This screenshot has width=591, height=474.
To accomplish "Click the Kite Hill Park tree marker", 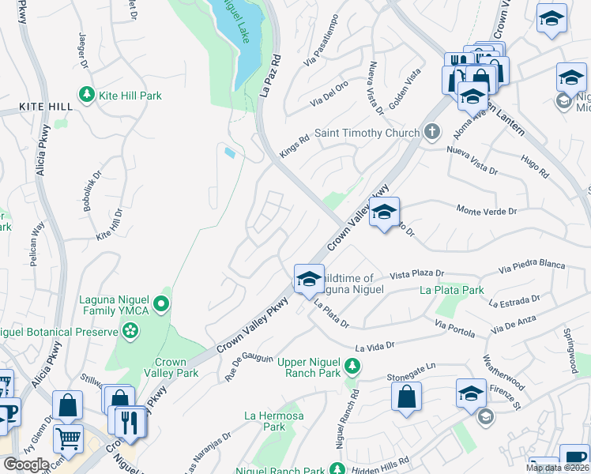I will coord(87,96).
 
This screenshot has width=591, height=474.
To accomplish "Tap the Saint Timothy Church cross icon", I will coord(431,133).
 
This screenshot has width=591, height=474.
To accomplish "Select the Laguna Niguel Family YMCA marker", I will coord(161,303).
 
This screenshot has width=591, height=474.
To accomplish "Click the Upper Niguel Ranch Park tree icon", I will coord(352,367).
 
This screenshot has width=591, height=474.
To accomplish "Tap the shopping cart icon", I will coord(68,436).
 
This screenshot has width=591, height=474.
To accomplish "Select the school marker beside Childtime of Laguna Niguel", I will coord(308,278).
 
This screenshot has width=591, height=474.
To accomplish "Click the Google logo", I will coord(26,464).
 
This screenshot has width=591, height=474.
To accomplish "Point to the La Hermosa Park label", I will coord(264,420).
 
